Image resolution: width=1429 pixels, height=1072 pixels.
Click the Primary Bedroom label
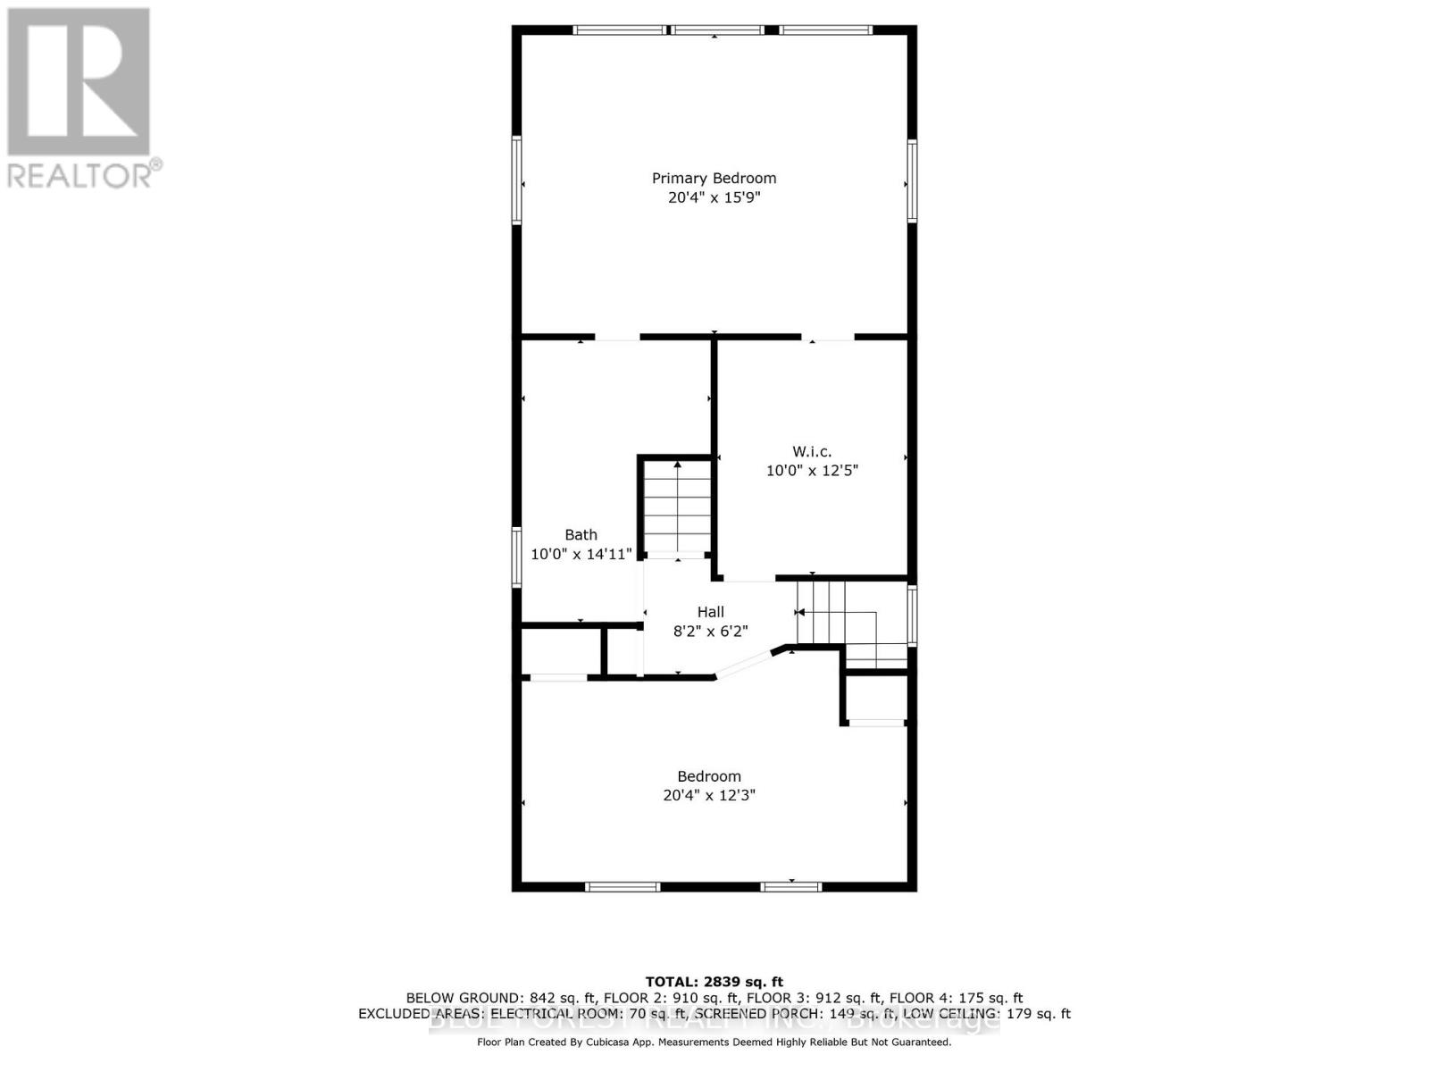tap(714, 178)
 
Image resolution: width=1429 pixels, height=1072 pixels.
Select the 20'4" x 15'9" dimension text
tap(714, 197)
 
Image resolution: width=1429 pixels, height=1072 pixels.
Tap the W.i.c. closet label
tap(812, 451)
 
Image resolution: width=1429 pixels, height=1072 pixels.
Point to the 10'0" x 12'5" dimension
tap(812, 470)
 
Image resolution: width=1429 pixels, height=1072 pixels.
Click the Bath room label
tap(581, 534)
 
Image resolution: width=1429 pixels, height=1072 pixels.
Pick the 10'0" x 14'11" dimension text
tap(581, 554)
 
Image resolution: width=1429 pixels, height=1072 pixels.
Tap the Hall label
tap(711, 612)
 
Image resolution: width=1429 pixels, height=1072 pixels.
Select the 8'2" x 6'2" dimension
tap(711, 631)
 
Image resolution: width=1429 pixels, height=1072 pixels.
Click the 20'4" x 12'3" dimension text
tap(709, 795)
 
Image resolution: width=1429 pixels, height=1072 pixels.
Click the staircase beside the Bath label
tap(678, 507)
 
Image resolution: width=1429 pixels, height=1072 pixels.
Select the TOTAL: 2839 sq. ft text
tap(714, 982)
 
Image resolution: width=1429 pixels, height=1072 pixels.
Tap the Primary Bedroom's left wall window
tap(516, 180)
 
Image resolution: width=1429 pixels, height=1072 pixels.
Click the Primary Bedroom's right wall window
tap(912, 180)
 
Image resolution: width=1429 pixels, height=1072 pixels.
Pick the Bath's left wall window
tap(516, 557)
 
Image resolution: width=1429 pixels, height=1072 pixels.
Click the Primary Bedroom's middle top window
tap(716, 30)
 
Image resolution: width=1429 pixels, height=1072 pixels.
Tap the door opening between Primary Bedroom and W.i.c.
tap(828, 338)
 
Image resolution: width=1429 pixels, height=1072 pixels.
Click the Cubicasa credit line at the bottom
tap(714, 1042)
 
